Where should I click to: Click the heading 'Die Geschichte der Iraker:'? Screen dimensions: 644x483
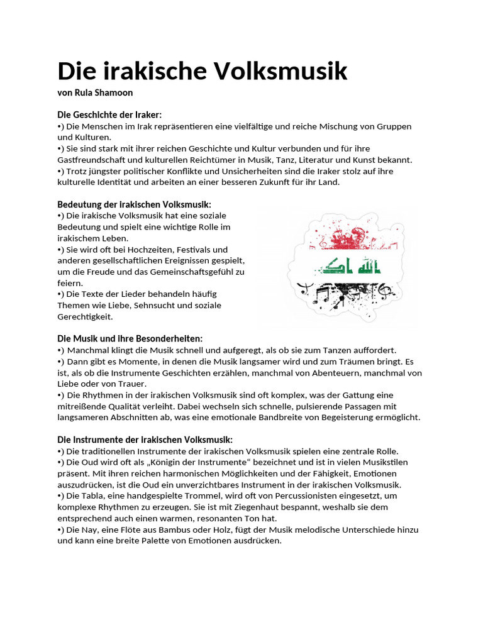[109, 114]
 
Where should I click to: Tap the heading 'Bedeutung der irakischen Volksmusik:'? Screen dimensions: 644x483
[134, 204]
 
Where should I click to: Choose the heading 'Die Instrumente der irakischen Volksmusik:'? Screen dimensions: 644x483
[145, 439]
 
